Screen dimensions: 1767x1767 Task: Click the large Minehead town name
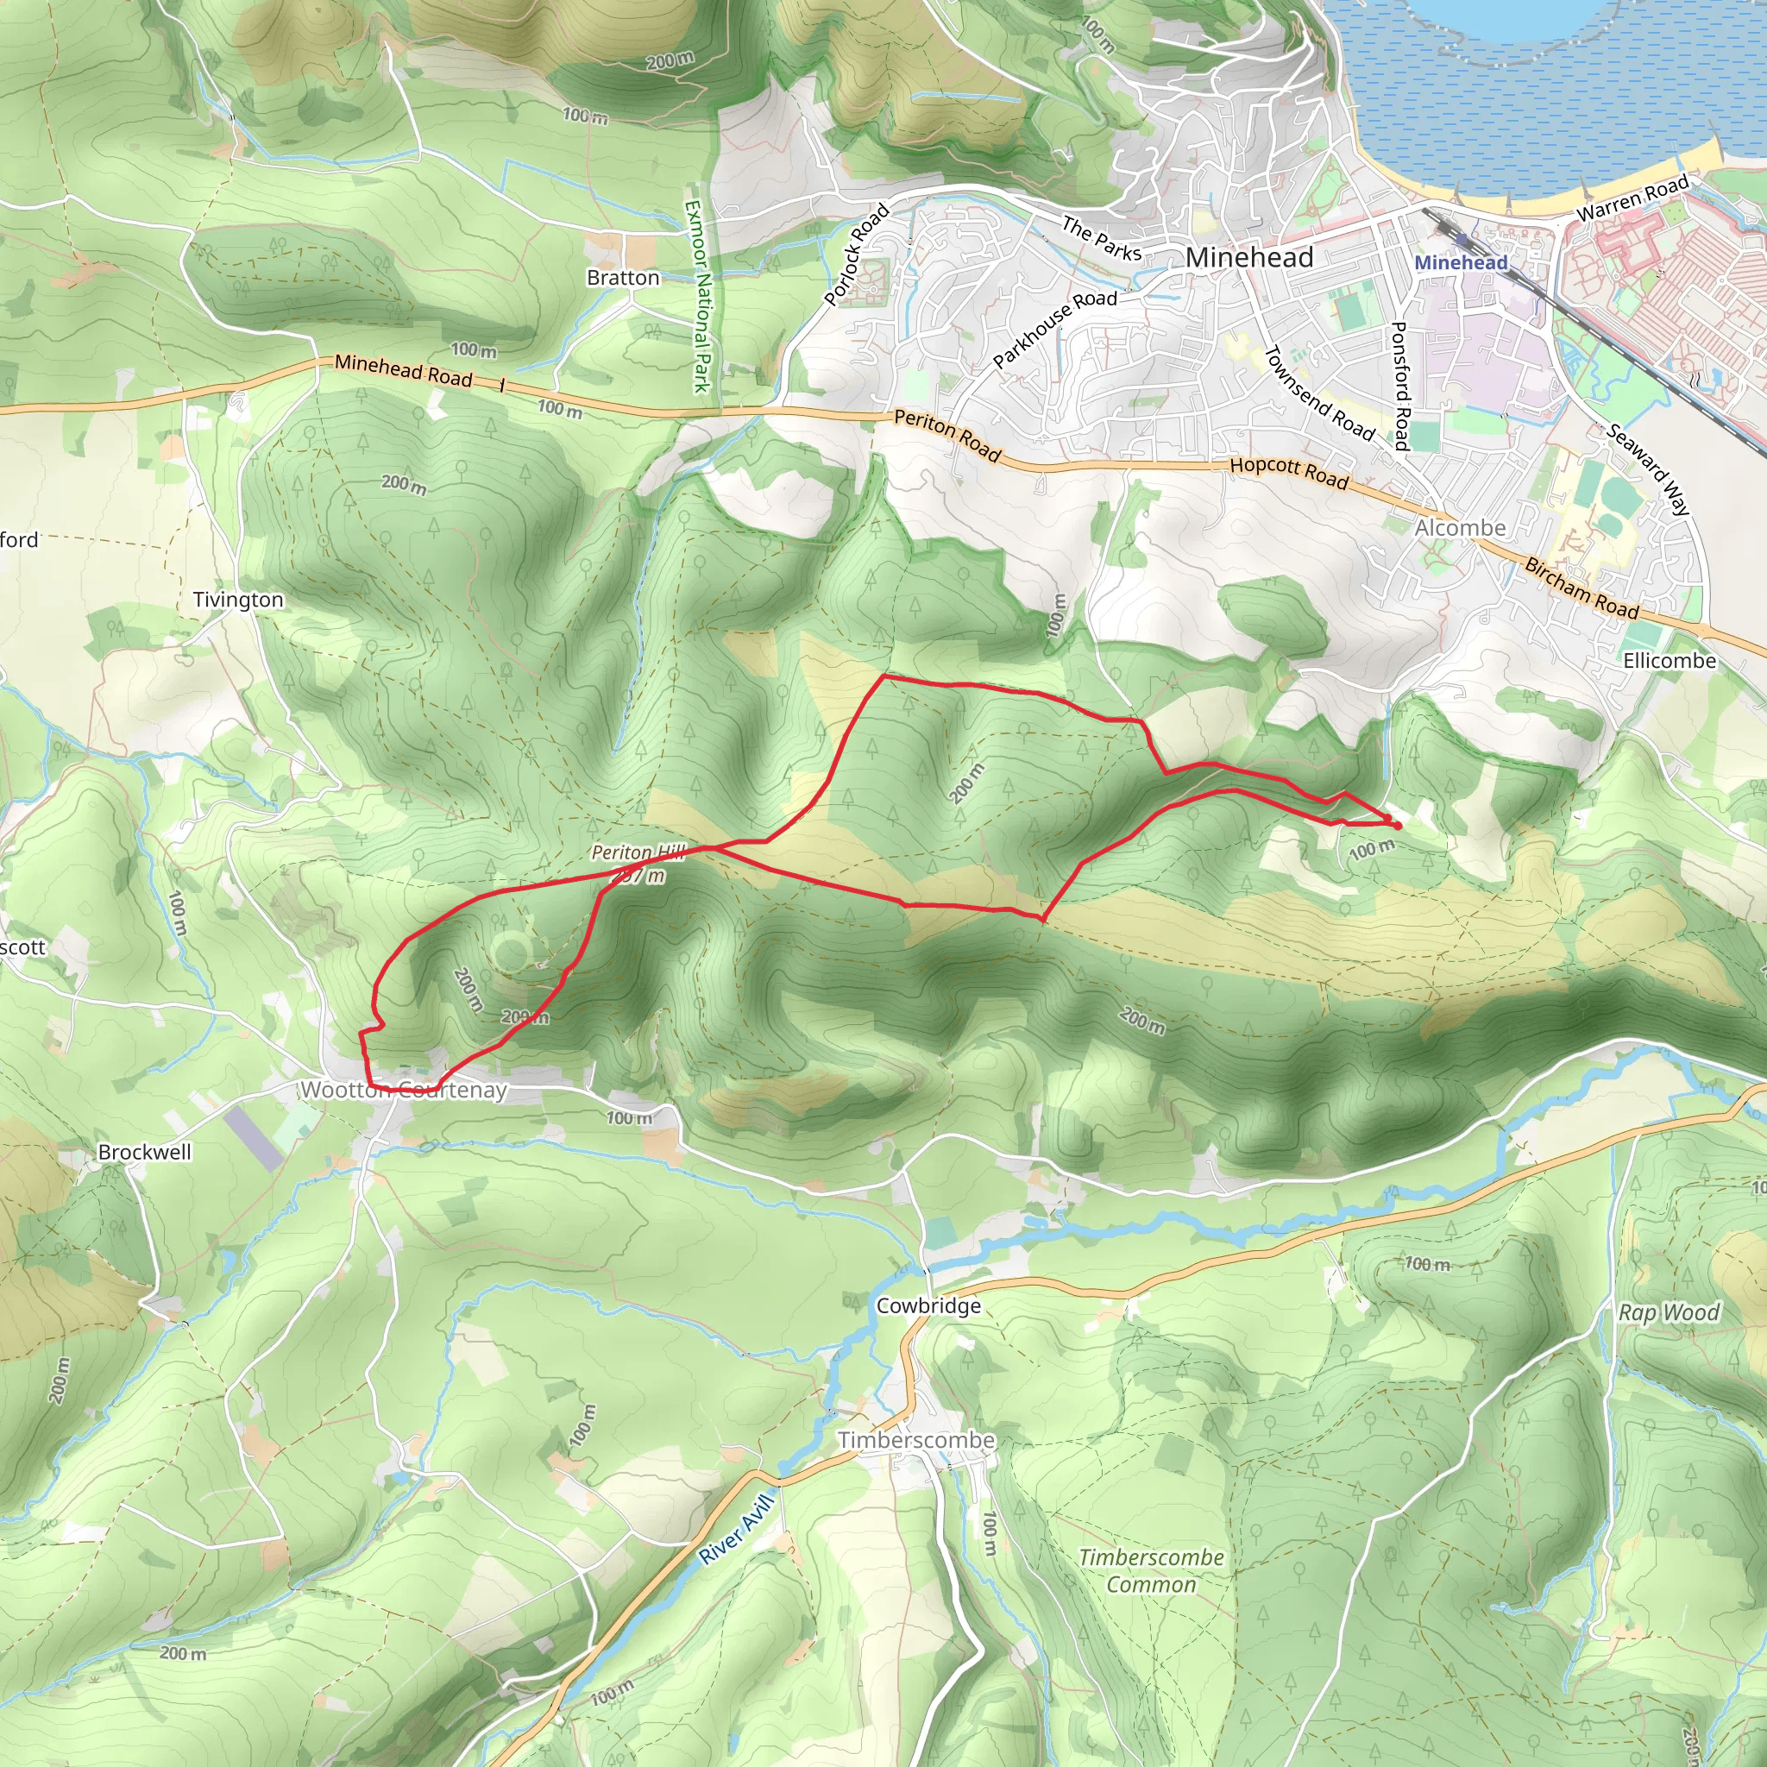tap(1248, 258)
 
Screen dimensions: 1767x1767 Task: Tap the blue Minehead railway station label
tap(1461, 263)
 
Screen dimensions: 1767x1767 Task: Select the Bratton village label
tap(623, 278)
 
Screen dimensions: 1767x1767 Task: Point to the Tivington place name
tap(238, 600)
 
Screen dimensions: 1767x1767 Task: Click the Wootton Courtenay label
tap(403, 1091)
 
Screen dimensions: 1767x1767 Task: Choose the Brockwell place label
tap(144, 1153)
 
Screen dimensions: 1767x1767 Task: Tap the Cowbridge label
tap(928, 1306)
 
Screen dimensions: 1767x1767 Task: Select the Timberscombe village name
tap(916, 1441)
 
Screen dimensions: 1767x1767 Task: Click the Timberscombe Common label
tap(1151, 1570)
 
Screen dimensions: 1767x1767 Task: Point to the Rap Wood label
tap(1670, 1312)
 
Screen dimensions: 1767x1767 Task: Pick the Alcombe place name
tap(1460, 528)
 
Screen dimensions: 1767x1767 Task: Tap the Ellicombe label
tap(1670, 660)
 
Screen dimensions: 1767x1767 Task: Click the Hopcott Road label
tap(1289, 472)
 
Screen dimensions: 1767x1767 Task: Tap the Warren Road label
tap(1632, 198)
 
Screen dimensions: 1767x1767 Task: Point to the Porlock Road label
tap(856, 255)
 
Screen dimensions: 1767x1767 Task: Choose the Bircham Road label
tap(1581, 588)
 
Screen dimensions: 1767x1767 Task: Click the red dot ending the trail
tap(1398, 826)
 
